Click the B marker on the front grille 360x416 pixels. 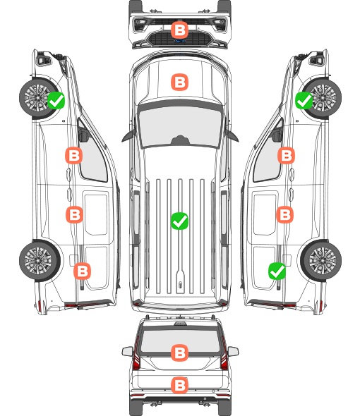[179, 30]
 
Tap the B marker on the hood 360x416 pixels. [179, 82]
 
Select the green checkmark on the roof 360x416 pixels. [179, 221]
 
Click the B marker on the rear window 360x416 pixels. [179, 353]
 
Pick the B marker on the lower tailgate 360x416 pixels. [179, 385]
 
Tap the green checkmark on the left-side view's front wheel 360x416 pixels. [56, 100]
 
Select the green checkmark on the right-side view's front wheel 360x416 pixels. [304, 100]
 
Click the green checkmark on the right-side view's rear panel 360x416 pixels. [277, 271]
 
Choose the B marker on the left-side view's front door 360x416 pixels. [74, 155]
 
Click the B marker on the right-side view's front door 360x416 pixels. [286, 155]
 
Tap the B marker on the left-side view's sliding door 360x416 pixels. [74, 214]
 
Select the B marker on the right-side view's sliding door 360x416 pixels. [284, 214]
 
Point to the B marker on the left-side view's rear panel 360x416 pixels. [82, 271]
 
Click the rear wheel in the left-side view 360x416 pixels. [40, 261]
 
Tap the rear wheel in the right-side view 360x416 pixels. [321, 261]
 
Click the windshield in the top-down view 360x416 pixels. [180, 125]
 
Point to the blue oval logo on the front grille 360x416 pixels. [179, 41]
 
